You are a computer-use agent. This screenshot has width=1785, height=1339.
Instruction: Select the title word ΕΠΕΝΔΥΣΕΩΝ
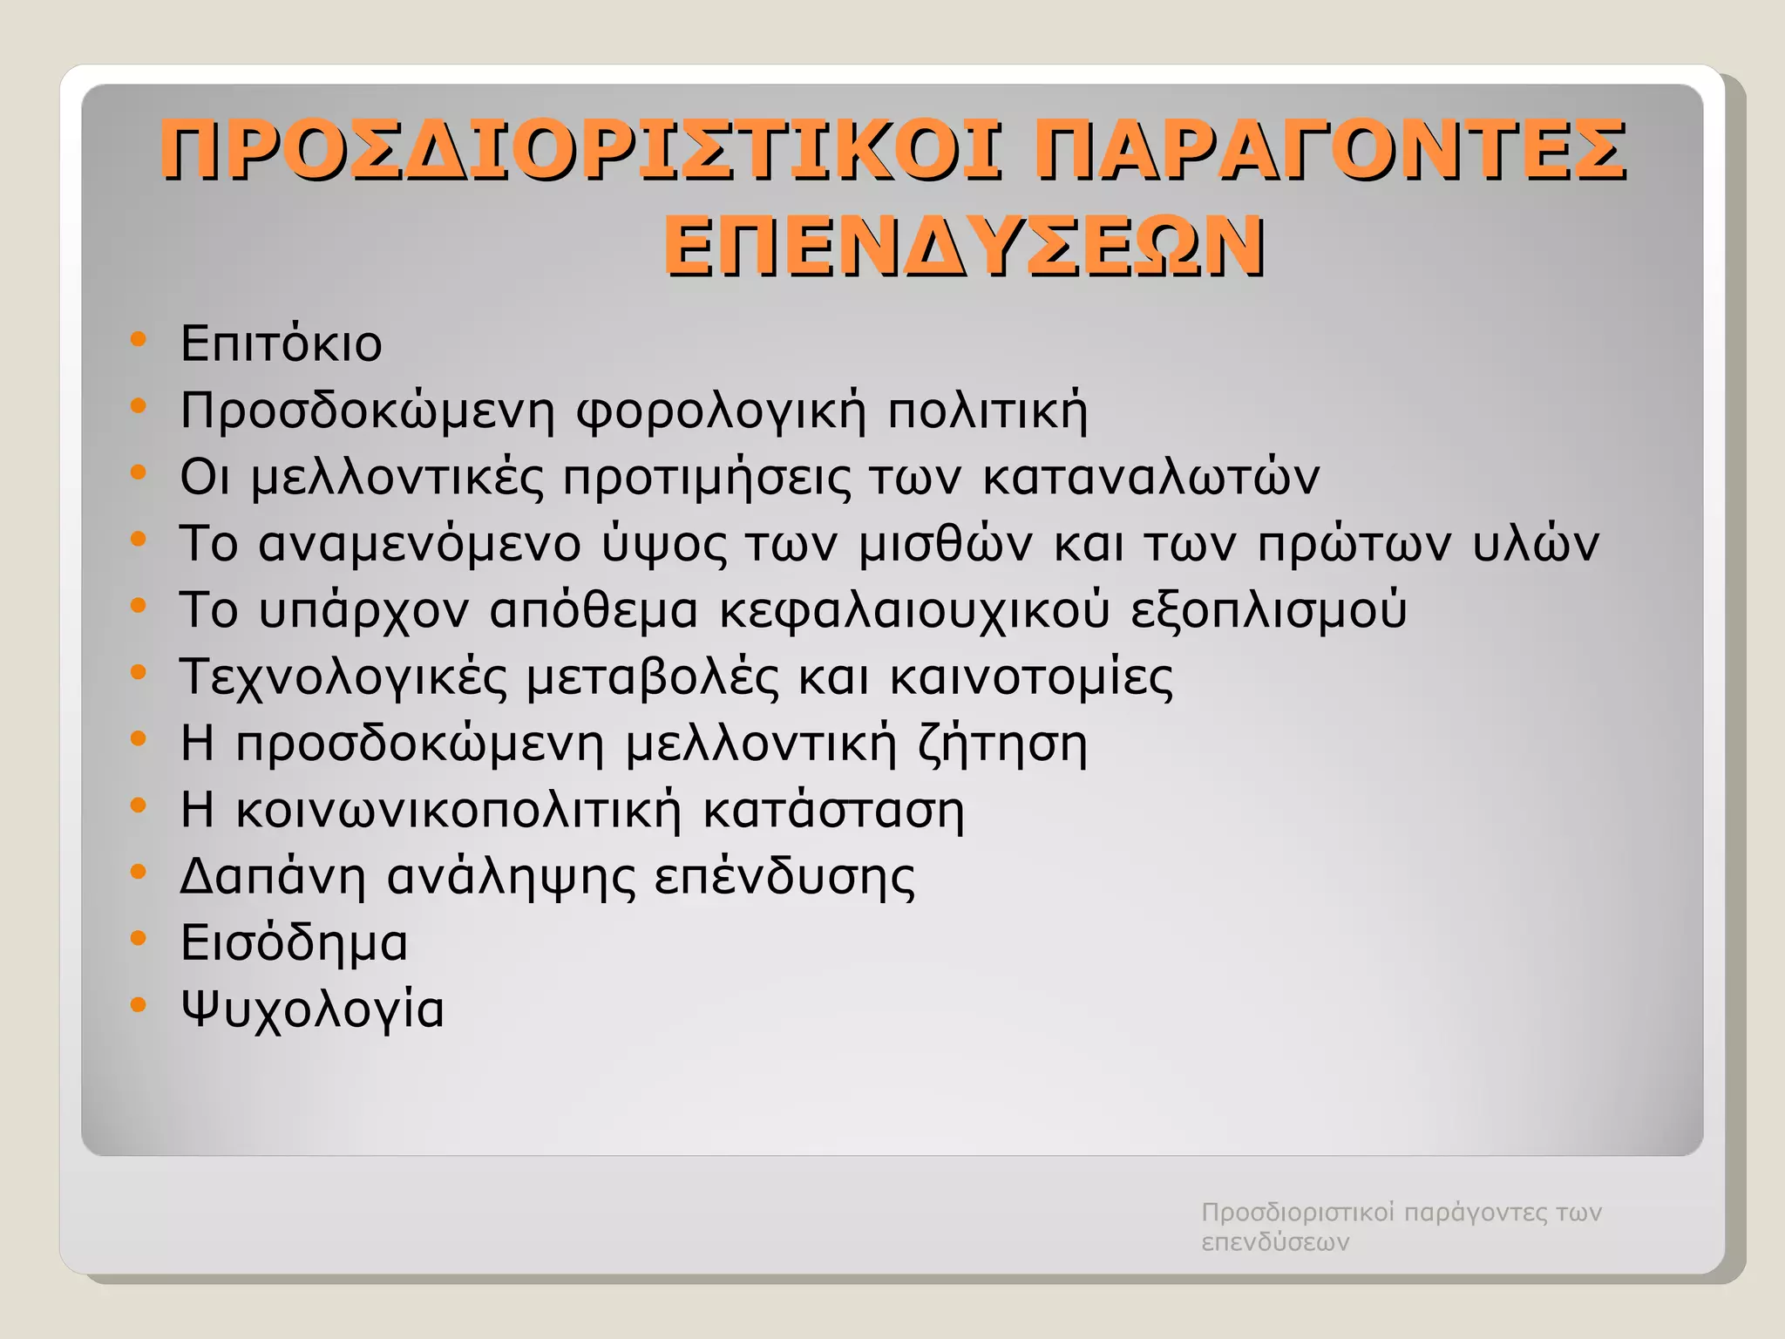(964, 247)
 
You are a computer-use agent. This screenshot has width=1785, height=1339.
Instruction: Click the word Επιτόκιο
(281, 343)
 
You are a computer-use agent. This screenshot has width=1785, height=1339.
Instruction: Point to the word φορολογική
(722, 411)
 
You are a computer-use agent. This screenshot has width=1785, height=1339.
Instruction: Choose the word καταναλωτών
(1150, 477)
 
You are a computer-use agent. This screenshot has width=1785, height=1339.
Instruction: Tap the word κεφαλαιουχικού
(914, 610)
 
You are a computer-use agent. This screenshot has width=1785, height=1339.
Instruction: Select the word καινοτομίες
(1031, 677)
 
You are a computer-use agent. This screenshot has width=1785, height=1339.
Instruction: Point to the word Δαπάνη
(272, 877)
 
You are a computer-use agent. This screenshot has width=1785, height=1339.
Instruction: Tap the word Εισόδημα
(294, 943)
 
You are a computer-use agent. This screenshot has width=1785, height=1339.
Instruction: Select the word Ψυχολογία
(312, 1010)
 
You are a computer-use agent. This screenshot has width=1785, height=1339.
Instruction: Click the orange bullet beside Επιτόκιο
(138, 339)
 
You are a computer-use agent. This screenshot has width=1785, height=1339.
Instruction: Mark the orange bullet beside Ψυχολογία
(138, 1005)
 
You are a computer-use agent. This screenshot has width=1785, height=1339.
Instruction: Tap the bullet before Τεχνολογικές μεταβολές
(138, 672)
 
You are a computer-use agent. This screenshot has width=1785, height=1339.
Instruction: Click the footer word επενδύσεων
(1275, 1242)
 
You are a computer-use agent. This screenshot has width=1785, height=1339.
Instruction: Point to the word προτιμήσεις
(707, 477)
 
